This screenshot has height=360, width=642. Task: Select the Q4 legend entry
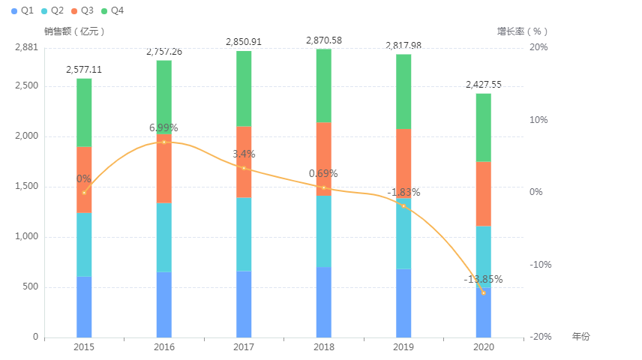[112, 10]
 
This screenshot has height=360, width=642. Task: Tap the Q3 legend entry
[82, 10]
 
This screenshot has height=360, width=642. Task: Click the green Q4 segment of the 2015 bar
[84, 112]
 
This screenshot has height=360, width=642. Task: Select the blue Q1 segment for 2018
[324, 301]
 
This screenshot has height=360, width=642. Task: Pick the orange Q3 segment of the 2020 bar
[483, 193]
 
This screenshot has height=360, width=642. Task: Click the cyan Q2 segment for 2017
[244, 234]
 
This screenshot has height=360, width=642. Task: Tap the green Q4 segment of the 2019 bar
[403, 91]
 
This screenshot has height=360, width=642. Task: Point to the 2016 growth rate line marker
[163, 142]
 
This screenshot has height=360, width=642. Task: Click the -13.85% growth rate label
[483, 280]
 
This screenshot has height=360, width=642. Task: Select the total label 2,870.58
[324, 40]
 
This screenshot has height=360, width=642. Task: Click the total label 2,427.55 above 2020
[483, 85]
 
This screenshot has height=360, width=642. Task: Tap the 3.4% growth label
[244, 154]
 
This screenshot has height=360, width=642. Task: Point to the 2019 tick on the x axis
[403, 347]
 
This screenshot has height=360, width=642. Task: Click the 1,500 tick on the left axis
[26, 187]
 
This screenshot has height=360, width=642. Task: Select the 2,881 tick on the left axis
[26, 47]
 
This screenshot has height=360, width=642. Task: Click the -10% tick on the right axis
[539, 265]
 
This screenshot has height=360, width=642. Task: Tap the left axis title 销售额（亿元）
[74, 31]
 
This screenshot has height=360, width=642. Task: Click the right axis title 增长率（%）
[523, 31]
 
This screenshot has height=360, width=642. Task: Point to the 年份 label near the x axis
[580, 337]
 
